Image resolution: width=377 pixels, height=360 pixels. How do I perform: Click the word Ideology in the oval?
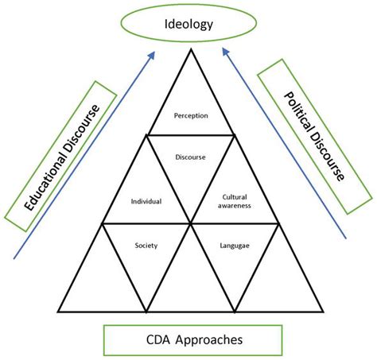(x=188, y=25)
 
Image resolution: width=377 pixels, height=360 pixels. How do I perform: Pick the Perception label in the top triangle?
(x=190, y=115)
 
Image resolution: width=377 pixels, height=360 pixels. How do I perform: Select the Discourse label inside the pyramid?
(x=190, y=157)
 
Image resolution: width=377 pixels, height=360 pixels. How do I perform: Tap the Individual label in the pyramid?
(x=146, y=201)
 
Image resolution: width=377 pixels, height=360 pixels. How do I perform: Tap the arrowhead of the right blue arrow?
(x=224, y=54)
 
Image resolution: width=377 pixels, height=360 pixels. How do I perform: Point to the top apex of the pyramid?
(x=189, y=49)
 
